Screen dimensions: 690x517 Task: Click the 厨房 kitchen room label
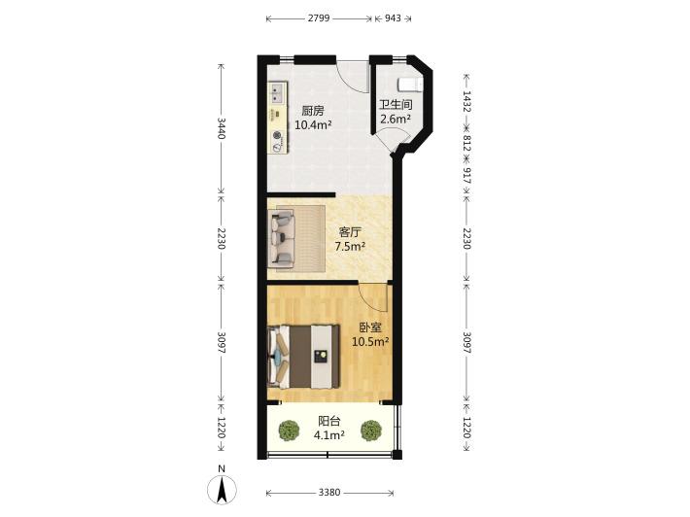pos(312,111)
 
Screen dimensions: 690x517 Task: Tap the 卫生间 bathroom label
pos(397,105)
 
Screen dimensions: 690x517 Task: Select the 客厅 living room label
pos(350,232)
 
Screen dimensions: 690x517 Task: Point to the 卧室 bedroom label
pos(370,327)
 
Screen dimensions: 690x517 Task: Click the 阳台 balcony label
pos(328,421)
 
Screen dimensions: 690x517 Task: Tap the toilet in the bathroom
pos(410,85)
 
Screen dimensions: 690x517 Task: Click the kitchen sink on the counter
pos(277,93)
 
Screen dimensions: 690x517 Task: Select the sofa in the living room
pos(282,237)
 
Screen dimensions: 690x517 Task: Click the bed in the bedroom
pos(303,357)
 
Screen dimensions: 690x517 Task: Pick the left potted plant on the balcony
pos(290,431)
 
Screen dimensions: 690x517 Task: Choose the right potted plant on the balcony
pos(371,431)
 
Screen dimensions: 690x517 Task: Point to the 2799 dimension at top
pos(319,18)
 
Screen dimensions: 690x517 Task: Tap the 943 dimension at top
pos(393,18)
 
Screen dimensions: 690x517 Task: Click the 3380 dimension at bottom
pos(329,492)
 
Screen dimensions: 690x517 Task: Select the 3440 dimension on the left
pos(222,128)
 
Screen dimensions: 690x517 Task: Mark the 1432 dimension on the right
pos(466,101)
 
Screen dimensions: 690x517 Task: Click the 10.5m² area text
pos(370,341)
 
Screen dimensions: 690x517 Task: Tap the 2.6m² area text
pos(396,119)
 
